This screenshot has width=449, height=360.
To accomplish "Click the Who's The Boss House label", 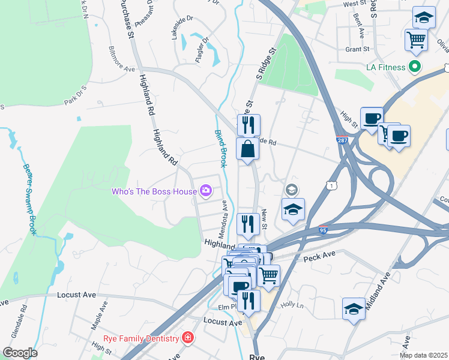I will (154, 191).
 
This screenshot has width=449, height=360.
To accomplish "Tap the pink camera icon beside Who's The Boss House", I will (206, 191).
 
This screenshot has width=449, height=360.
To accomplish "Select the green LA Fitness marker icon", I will (414, 67).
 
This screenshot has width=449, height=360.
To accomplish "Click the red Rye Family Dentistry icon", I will (188, 338).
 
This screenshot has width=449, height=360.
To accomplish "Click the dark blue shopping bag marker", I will (247, 149).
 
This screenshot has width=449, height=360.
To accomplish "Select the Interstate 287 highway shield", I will (340, 140).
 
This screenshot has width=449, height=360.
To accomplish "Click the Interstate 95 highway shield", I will (323, 229).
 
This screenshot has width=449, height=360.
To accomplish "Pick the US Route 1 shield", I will (331, 187).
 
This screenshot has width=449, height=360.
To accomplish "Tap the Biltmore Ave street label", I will (121, 59).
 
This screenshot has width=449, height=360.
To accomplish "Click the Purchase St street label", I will (126, 18).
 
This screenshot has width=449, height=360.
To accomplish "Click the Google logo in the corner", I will (19, 353).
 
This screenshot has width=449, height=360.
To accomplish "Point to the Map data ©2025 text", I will (423, 355).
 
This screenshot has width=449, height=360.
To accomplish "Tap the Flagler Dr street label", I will (204, 49).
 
